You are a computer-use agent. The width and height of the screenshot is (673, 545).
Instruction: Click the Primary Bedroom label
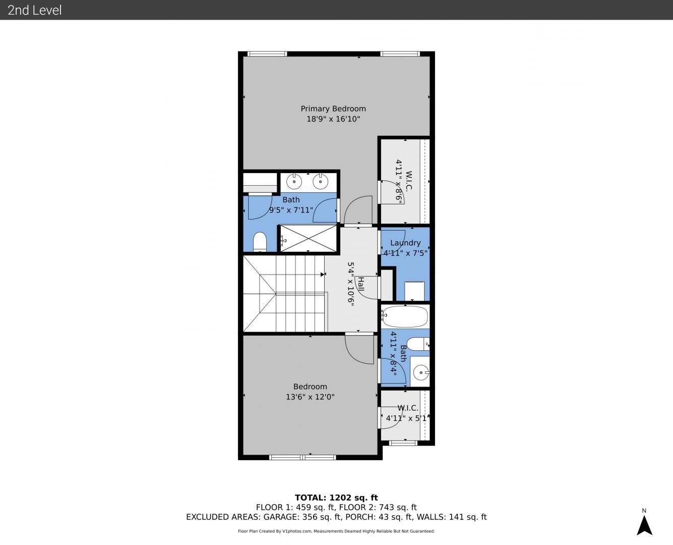(x=333, y=109)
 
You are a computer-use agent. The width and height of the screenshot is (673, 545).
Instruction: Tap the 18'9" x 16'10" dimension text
(x=333, y=119)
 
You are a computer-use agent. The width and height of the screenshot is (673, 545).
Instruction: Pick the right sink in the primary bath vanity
(x=321, y=182)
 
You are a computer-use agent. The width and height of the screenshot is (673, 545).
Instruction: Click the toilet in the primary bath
(x=260, y=242)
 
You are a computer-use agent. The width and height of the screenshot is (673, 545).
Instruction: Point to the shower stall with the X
(x=309, y=239)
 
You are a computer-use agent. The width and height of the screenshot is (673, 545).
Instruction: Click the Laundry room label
(x=405, y=243)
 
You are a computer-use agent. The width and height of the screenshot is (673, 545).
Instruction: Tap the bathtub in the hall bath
(x=405, y=316)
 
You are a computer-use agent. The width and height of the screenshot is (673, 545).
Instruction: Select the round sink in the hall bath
(x=421, y=372)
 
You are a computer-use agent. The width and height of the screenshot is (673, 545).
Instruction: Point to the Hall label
(x=360, y=284)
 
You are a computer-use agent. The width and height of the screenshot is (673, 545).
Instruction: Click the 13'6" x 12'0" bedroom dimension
(x=310, y=397)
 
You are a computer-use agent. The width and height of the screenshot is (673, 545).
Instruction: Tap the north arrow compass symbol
(x=644, y=525)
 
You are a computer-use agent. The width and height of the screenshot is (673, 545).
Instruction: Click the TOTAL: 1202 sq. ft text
(x=336, y=498)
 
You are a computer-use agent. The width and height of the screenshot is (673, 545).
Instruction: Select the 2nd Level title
(x=34, y=10)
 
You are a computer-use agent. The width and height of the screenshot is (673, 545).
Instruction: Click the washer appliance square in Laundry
(x=414, y=291)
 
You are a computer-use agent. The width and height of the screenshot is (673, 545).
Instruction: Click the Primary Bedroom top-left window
(x=267, y=54)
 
